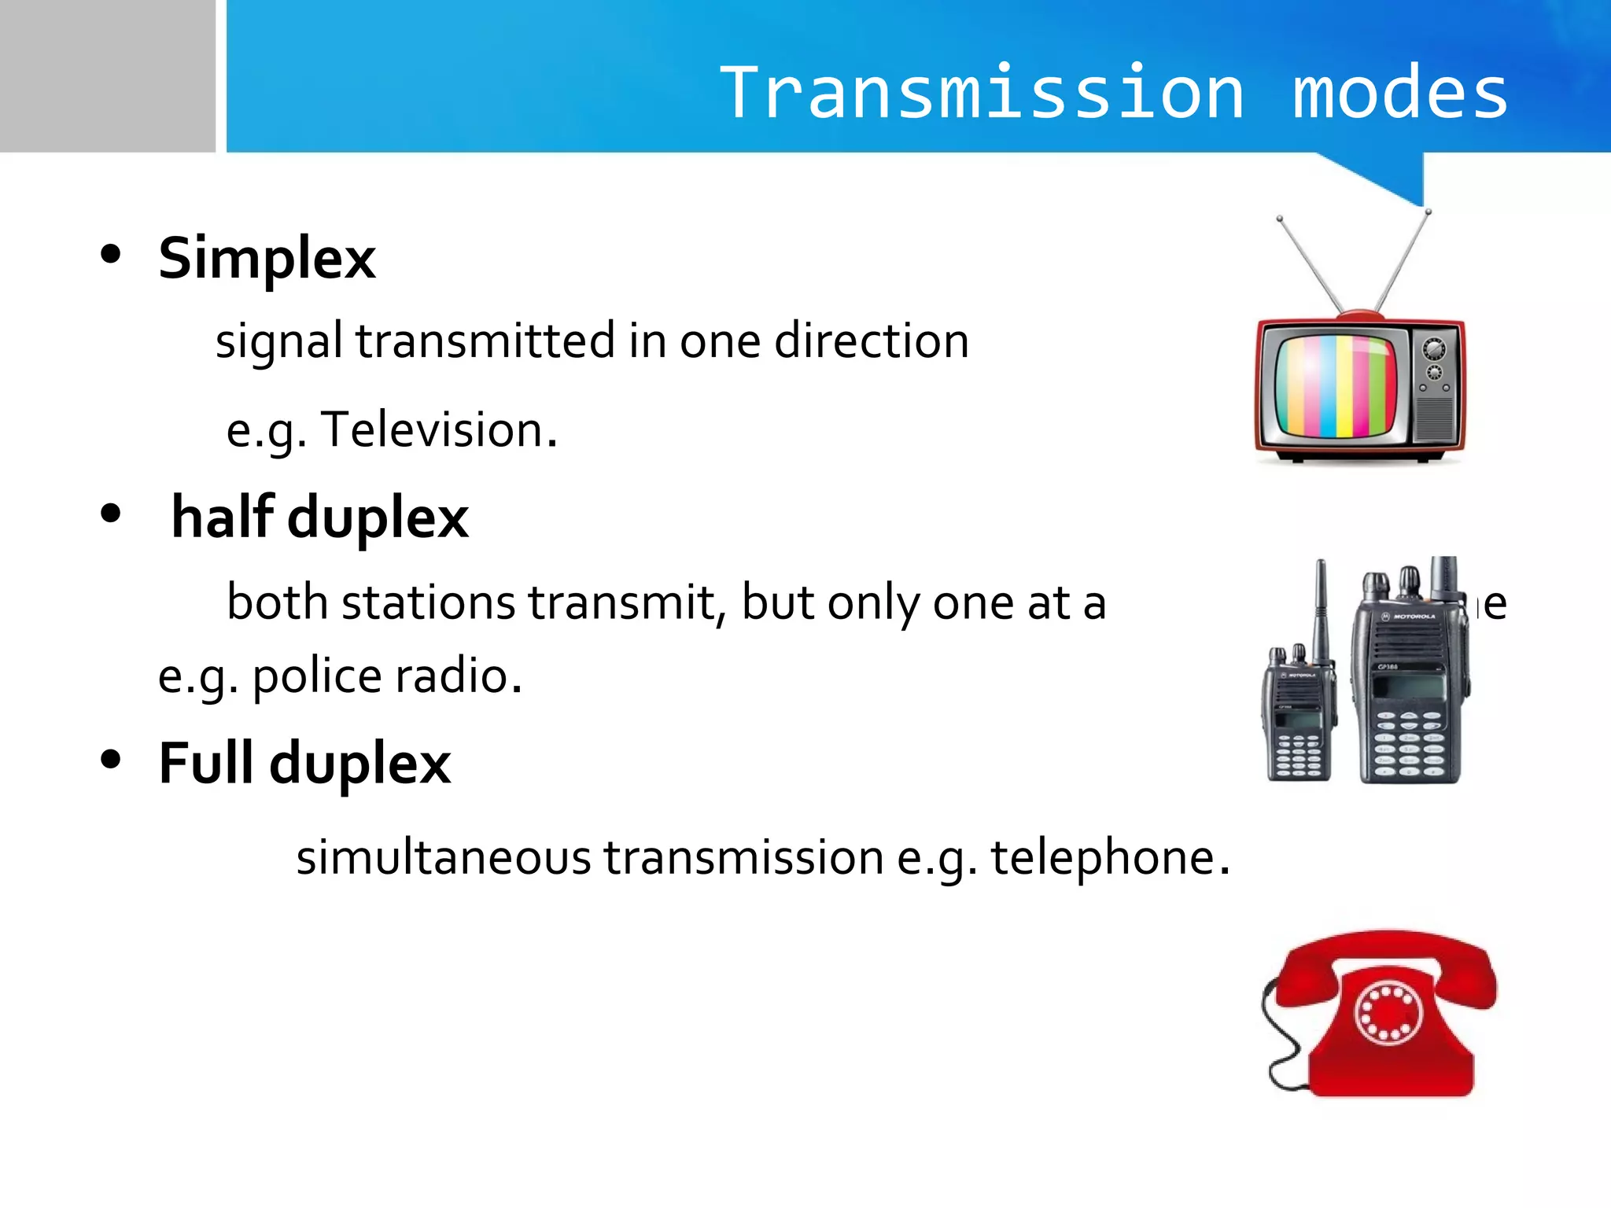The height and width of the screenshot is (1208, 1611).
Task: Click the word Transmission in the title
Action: point(982,93)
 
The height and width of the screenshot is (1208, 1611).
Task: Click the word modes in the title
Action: point(1400,93)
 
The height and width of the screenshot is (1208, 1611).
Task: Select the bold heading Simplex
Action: point(267,260)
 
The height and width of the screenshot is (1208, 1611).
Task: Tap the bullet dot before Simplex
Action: point(111,254)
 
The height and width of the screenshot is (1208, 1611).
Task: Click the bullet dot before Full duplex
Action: point(111,759)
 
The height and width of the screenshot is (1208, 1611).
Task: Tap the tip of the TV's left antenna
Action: point(1280,219)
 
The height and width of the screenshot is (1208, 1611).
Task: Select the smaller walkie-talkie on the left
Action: point(1298,708)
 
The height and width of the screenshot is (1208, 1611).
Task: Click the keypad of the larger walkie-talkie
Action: point(1409,743)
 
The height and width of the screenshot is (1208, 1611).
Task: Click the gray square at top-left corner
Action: point(107,75)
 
